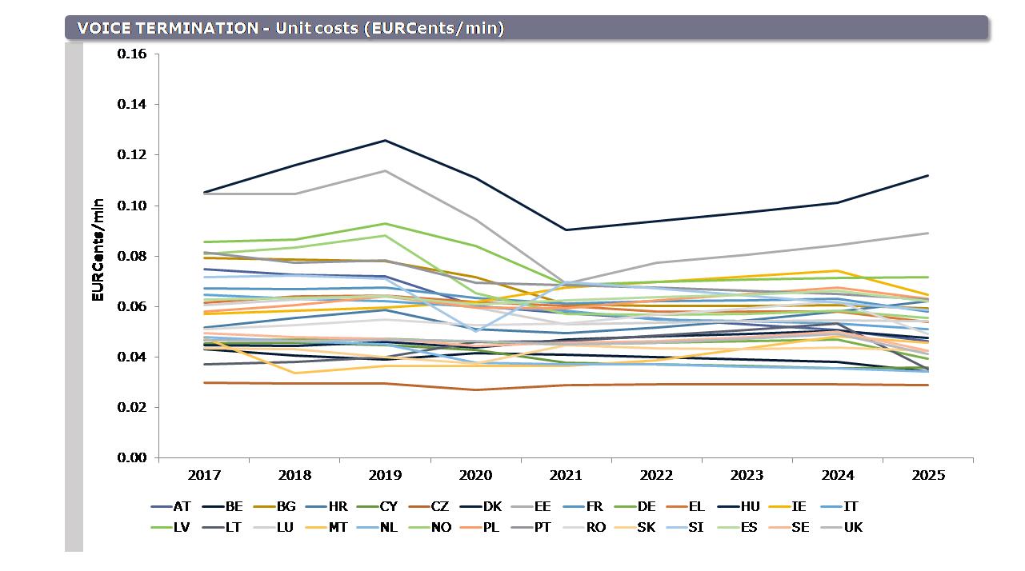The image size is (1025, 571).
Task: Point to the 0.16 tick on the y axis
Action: (x=132, y=54)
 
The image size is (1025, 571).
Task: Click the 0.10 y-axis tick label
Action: (x=132, y=206)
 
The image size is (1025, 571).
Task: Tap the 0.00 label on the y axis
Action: (x=132, y=457)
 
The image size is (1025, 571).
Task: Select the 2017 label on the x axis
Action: (x=204, y=475)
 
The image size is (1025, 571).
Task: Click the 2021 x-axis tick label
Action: (x=567, y=475)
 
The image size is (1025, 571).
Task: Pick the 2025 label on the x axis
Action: (x=928, y=475)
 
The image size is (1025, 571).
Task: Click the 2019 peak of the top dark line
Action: (x=386, y=141)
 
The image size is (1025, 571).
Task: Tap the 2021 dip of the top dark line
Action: (x=567, y=230)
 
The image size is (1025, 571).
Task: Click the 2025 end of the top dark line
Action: (x=928, y=175)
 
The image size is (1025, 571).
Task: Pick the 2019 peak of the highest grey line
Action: (x=386, y=170)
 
